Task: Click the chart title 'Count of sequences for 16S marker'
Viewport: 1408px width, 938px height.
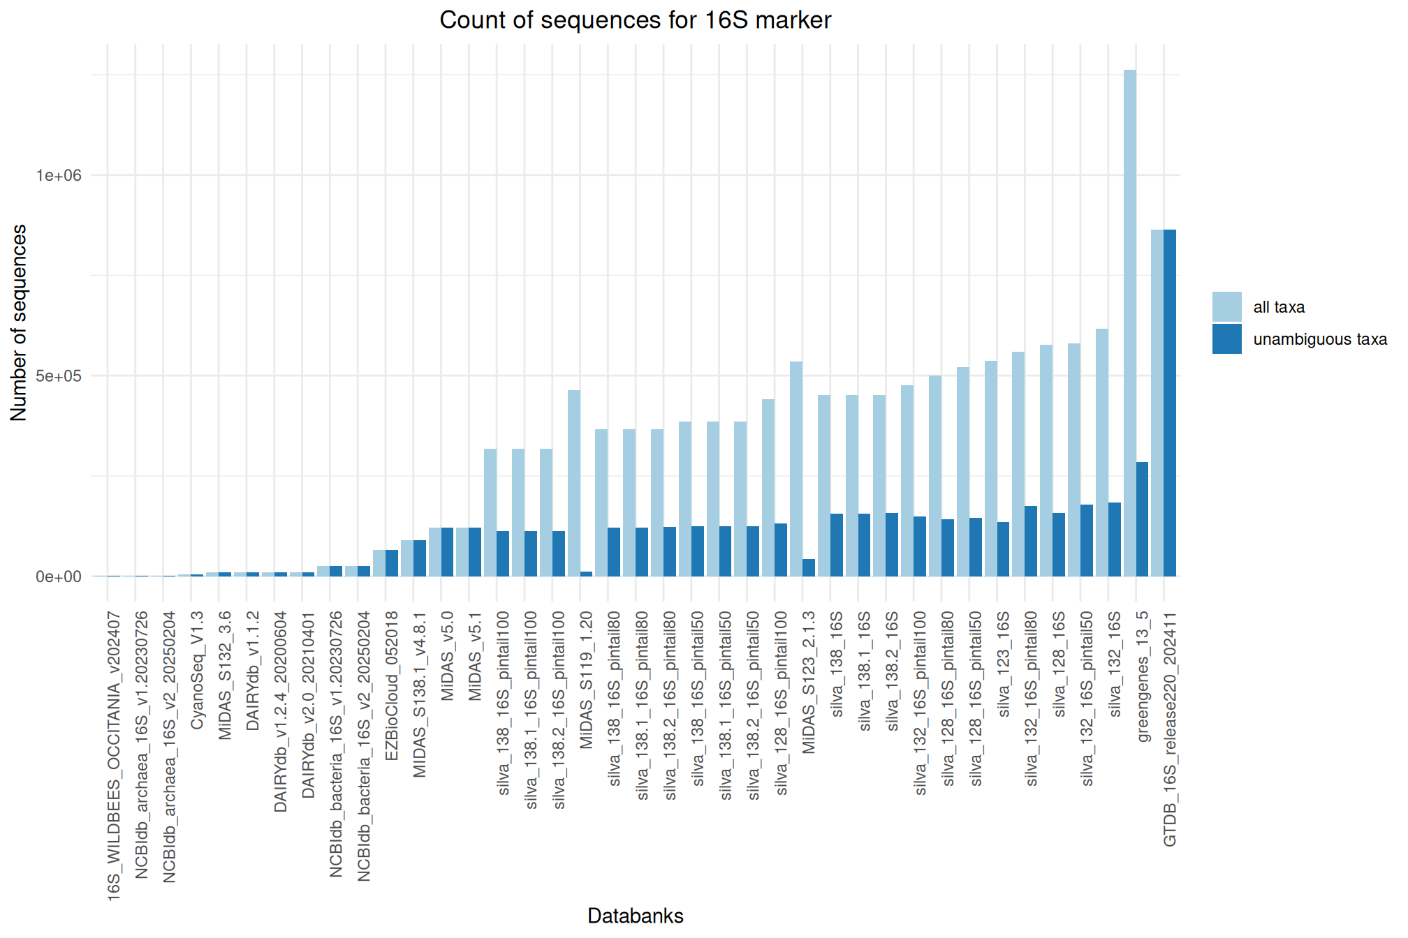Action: click(x=635, y=20)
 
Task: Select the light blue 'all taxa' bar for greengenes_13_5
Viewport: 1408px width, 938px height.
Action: click(x=1129, y=321)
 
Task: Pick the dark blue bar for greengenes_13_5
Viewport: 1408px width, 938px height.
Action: click(x=1142, y=519)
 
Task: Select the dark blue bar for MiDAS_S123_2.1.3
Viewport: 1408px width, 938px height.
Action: click(x=809, y=567)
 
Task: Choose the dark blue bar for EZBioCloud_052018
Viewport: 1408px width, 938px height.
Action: click(x=392, y=563)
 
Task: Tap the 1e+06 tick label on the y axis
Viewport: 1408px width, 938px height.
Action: click(x=59, y=175)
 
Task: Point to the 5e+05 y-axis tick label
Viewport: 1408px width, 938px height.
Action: click(x=59, y=376)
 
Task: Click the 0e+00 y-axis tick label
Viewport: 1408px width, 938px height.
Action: click(x=59, y=577)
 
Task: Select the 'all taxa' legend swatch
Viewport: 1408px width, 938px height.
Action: click(x=1226, y=306)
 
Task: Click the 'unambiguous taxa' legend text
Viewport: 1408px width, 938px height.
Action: click(x=1319, y=339)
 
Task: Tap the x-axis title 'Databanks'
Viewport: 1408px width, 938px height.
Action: click(x=635, y=916)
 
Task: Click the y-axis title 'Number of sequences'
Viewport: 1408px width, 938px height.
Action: click(x=19, y=322)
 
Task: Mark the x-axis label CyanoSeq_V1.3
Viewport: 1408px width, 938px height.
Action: click(x=197, y=670)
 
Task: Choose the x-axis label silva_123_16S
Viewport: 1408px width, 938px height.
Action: click(x=1004, y=664)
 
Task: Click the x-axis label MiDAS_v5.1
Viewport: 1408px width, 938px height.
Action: click(x=475, y=656)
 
